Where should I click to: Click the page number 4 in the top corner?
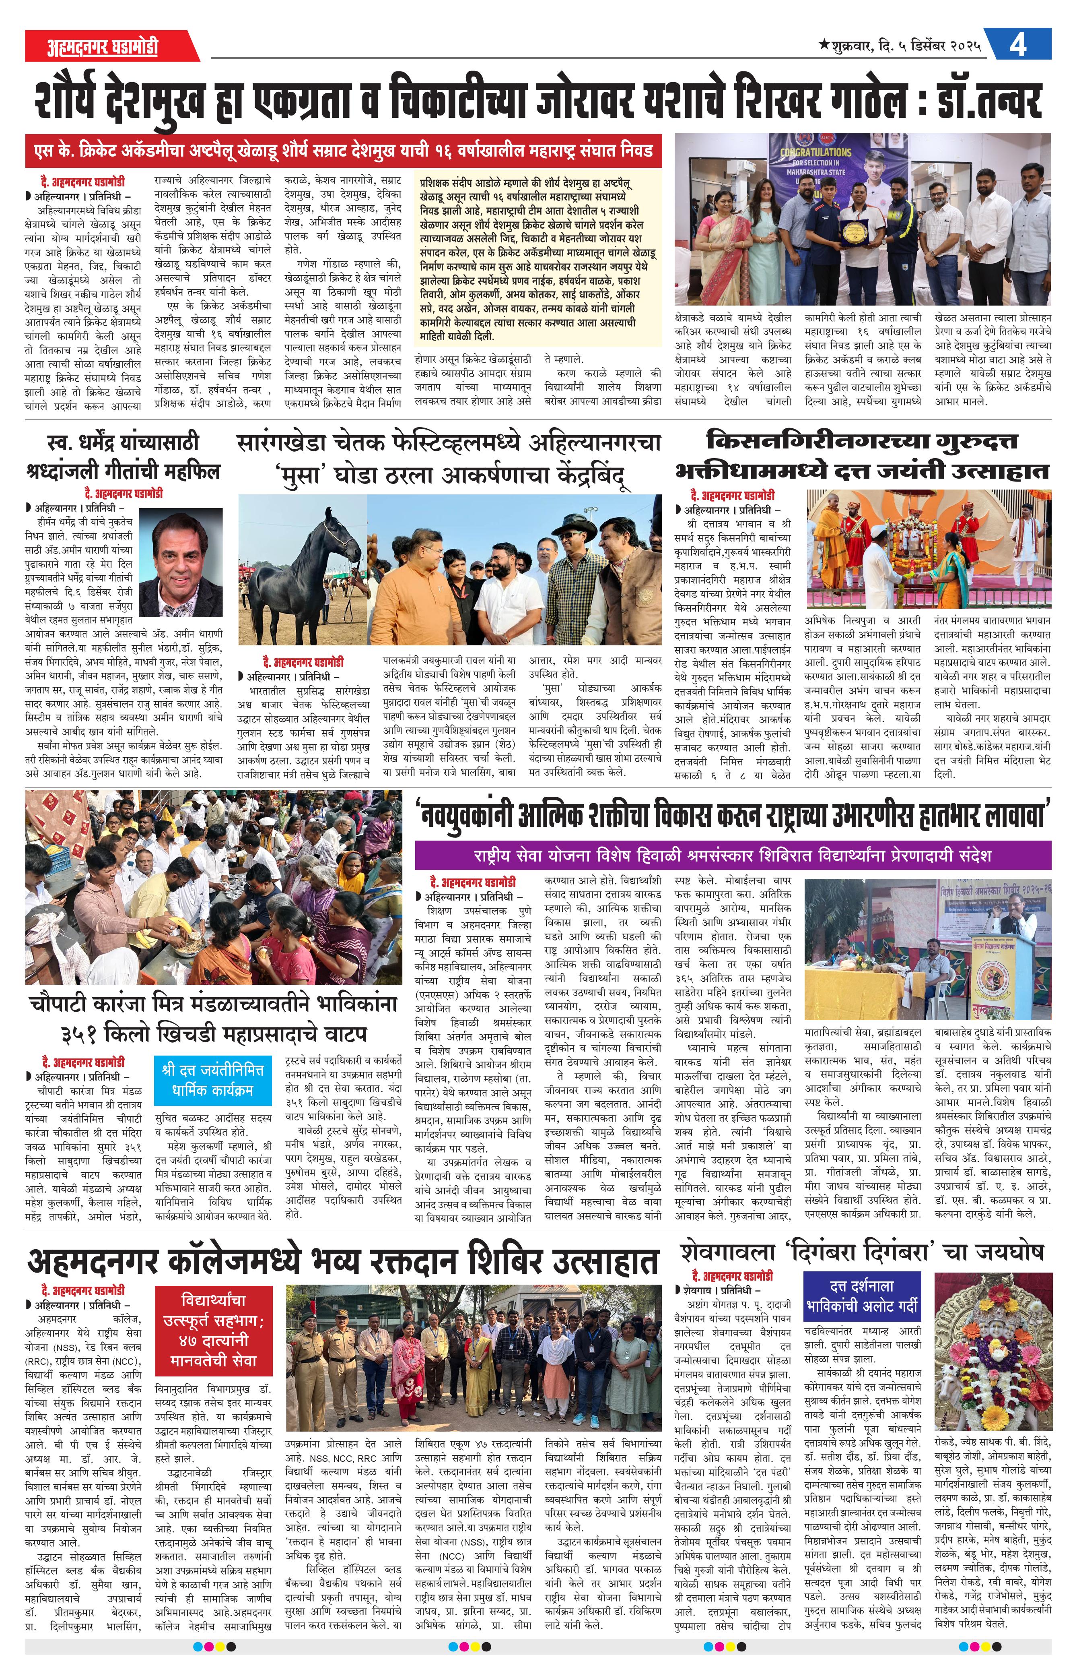[1017, 46]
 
